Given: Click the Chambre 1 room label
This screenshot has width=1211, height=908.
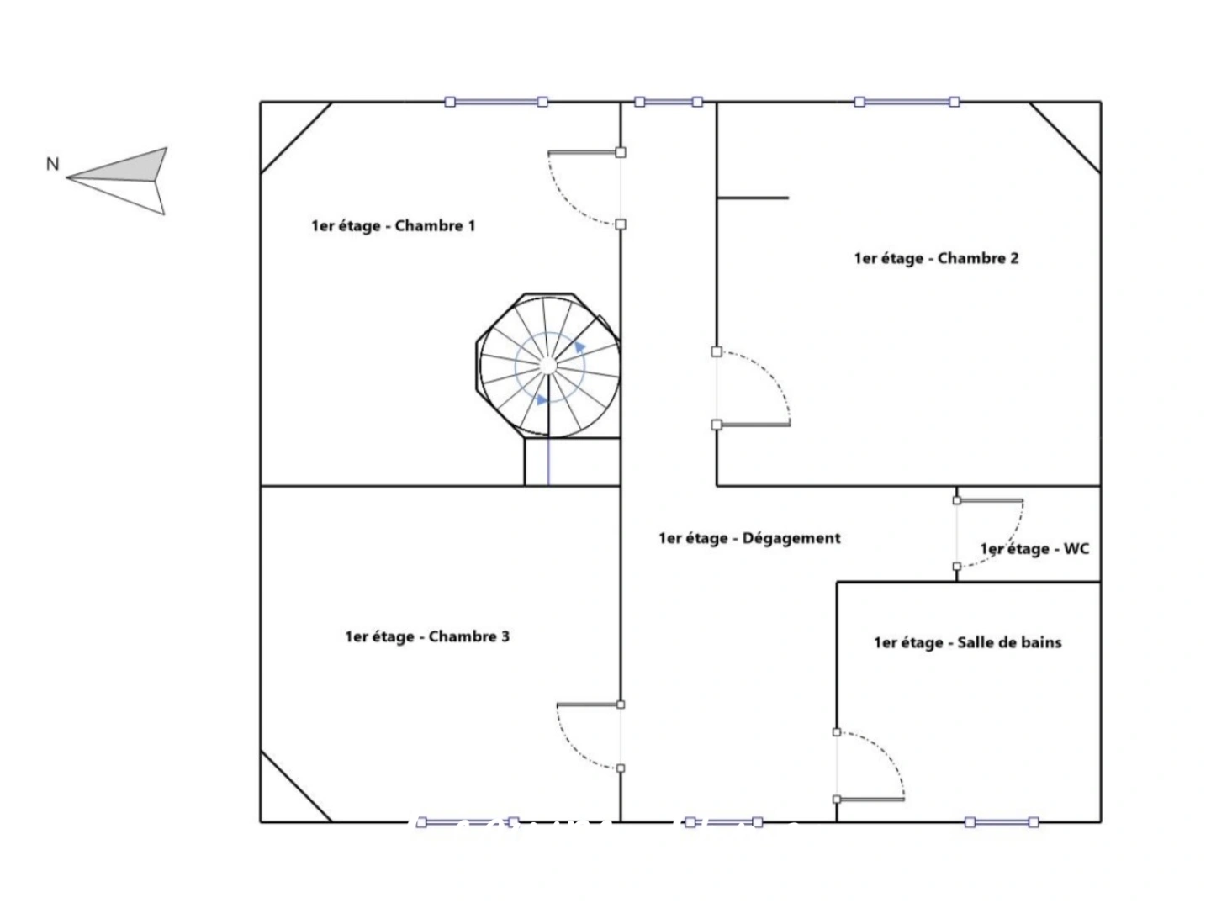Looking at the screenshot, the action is pos(393,226).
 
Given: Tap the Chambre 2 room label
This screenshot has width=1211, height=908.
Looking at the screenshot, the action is pos(936,259).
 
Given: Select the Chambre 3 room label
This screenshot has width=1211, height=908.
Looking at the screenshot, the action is pos(427,636).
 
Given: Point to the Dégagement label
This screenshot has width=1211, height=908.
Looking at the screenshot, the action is pos(749,538).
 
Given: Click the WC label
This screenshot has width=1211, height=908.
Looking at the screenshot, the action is pos(1034,549).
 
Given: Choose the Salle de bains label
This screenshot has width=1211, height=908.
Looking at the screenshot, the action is pos(968,643).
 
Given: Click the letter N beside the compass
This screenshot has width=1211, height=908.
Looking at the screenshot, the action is pos(52,164).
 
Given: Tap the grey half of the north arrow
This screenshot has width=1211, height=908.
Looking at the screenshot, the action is pos(119,166).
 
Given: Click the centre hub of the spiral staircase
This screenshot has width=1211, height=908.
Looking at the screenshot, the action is pos(547,366).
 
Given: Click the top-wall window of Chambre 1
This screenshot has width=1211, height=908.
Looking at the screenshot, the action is pos(496,102).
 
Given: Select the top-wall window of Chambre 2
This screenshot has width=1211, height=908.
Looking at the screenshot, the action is pos(907,102).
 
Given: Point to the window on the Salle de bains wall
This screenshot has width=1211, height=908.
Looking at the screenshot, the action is pos(1002,822).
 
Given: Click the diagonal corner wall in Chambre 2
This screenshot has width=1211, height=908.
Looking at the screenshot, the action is pos(1065,137).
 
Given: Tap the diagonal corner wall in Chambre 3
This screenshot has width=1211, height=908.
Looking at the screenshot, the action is pos(296,786).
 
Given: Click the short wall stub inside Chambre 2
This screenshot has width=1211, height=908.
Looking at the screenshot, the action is pos(753,198).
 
